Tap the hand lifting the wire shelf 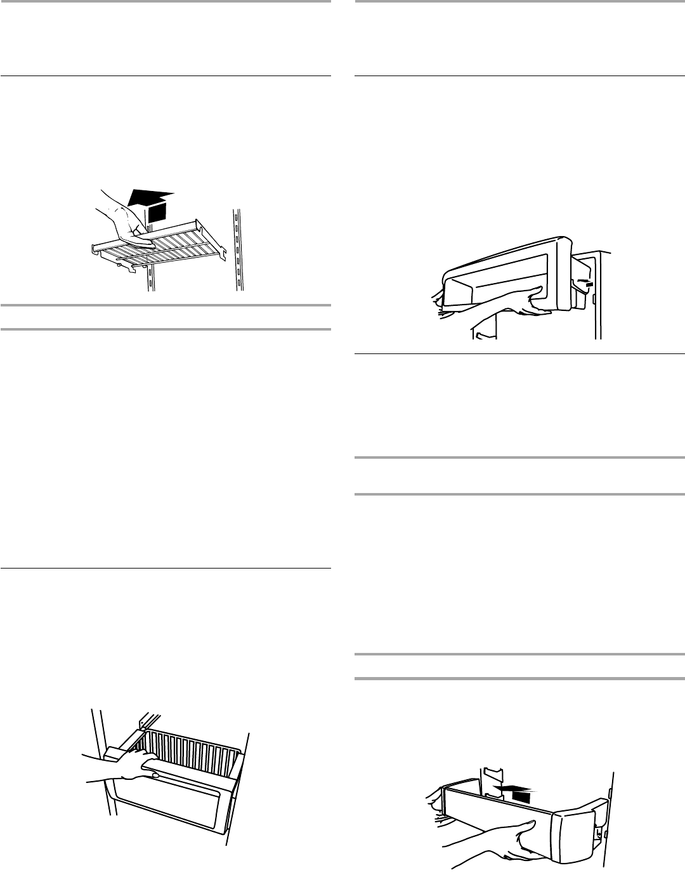[x=123, y=221]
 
